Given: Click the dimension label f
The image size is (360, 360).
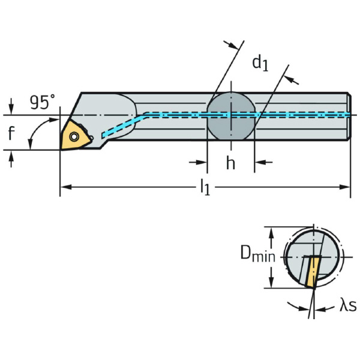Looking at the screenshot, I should [11, 133].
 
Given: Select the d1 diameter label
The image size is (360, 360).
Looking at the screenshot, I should [259, 62].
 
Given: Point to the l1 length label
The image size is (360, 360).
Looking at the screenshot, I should [205, 188].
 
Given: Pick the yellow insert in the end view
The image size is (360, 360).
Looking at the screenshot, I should [312, 272].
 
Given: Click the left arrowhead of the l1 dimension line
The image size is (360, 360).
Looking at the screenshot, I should [65, 187].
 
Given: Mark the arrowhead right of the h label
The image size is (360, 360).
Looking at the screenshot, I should [259, 161].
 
